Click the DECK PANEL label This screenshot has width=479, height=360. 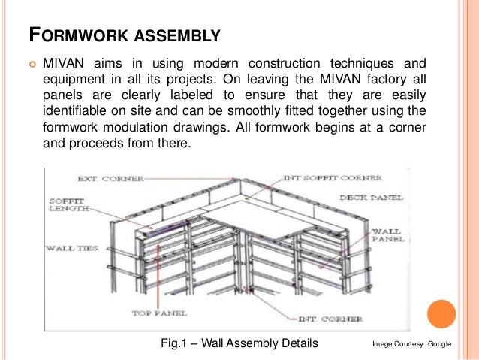point(372,197)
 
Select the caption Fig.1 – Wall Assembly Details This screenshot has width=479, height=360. point(240,343)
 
